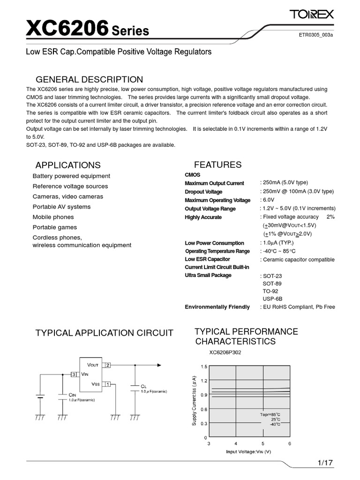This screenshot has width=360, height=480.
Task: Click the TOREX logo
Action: [311, 15]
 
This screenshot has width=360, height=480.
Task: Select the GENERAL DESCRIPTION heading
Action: [90, 79]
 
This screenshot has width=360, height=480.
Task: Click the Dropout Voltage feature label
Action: [203, 192]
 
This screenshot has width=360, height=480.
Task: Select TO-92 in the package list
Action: [271, 291]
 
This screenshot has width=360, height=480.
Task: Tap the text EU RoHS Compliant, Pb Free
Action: [298, 307]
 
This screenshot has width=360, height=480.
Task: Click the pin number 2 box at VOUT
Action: [107, 364]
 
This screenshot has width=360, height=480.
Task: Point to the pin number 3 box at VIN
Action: [73, 374]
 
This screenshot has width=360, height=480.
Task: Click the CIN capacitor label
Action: [73, 395]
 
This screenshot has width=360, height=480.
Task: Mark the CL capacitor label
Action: [144, 385]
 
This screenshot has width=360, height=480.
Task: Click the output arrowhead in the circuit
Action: [161, 364]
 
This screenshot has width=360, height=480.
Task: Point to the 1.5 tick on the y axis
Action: [203, 366]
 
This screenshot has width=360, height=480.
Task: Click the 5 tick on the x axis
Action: [262, 443]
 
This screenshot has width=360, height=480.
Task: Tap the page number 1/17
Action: [324, 463]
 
